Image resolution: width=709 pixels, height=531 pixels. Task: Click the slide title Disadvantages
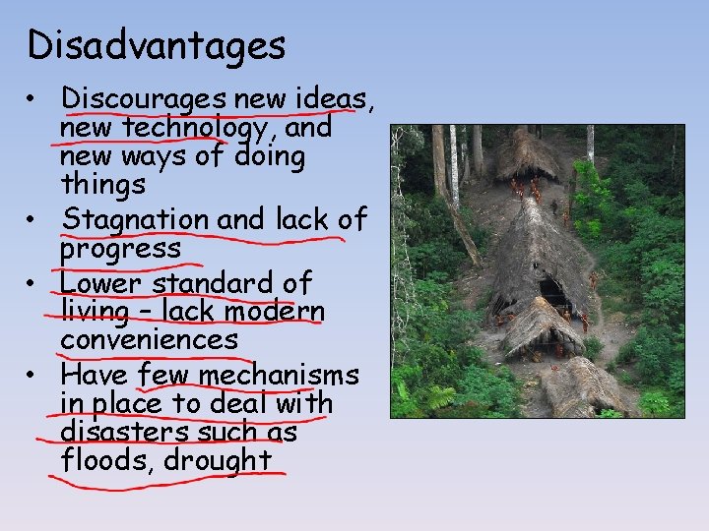158,45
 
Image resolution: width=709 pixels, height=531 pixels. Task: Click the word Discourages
144,99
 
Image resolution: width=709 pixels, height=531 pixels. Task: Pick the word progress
120,249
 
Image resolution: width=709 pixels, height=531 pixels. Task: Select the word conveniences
149,340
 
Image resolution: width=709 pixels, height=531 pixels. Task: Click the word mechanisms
279,376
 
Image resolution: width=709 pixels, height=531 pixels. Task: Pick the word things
102,185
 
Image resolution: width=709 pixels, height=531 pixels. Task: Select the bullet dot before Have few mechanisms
33,377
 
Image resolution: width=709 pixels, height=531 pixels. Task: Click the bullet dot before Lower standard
33,284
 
